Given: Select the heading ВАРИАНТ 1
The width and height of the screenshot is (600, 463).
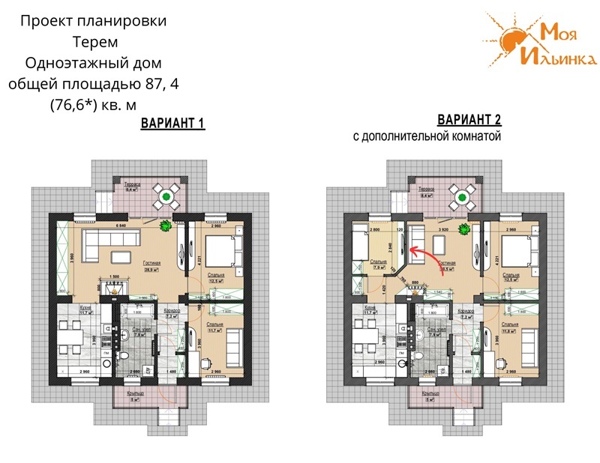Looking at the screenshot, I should point(173,124).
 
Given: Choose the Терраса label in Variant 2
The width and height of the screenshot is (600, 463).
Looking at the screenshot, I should point(428,190).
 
